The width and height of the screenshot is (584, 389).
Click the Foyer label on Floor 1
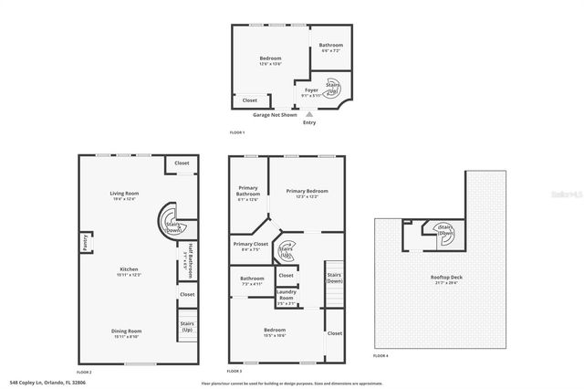point(311,90)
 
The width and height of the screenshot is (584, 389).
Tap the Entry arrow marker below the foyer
point(308,113)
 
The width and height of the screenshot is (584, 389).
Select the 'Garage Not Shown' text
point(275,114)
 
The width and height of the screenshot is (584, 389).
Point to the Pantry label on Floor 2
point(85,242)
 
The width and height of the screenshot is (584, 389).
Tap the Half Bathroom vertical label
point(190,258)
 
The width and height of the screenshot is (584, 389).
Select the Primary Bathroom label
point(248,191)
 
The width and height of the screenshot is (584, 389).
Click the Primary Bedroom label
point(307,193)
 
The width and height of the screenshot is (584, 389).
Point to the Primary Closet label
point(249,246)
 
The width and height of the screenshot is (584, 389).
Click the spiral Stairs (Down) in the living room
point(173,222)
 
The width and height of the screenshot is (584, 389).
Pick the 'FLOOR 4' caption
point(380,354)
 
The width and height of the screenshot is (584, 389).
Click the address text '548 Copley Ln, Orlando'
point(41,382)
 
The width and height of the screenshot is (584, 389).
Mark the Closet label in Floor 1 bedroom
point(249,100)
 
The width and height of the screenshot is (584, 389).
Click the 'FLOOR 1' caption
point(237,133)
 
